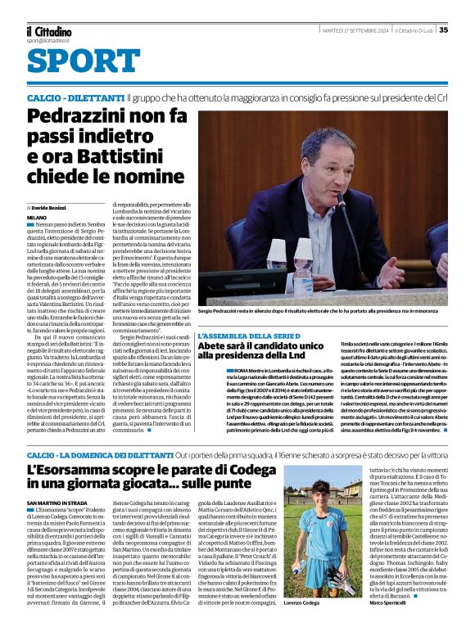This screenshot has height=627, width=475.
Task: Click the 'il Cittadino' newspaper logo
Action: [x=48, y=30]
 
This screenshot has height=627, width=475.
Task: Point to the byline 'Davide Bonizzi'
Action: [x=52, y=209]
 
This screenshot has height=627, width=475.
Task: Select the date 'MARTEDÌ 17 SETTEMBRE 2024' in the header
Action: [x=354, y=30]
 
